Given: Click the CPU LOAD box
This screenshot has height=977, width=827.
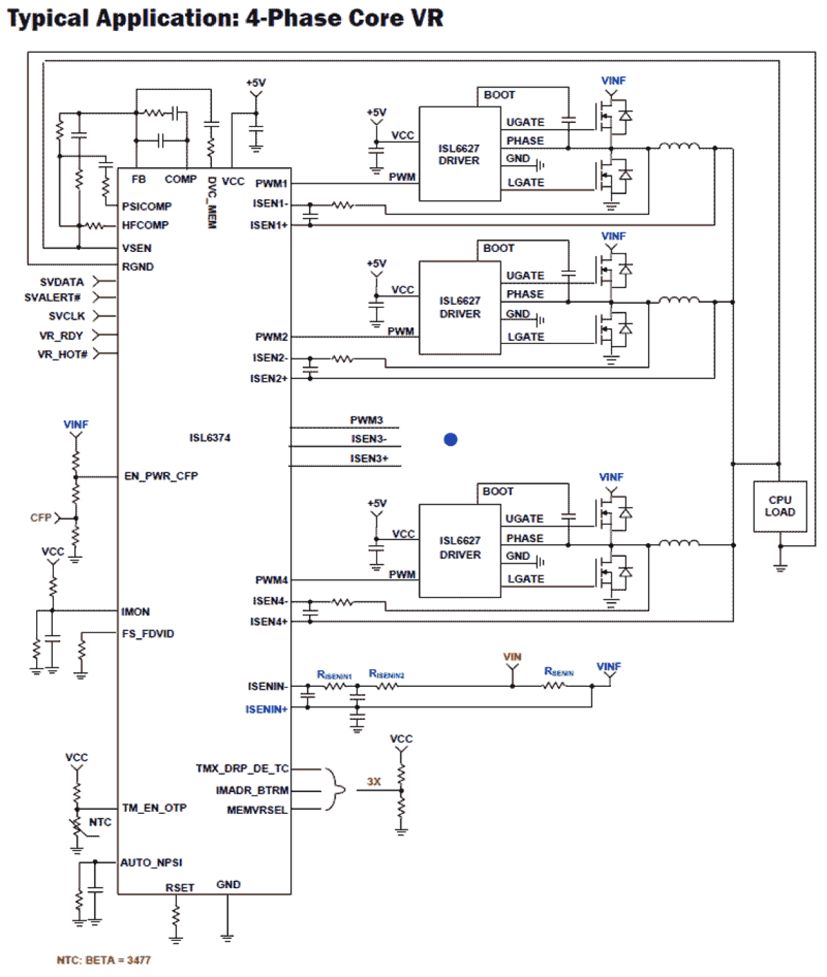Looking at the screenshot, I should (x=780, y=506).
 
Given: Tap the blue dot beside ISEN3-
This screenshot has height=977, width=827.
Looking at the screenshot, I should (x=450, y=439).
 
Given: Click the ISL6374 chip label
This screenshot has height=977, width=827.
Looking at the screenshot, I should (x=210, y=438).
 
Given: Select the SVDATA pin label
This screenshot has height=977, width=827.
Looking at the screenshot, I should (x=62, y=282).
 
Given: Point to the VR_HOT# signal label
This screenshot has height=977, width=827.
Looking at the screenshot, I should (x=63, y=354).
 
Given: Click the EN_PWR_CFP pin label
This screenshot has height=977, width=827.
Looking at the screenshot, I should (x=161, y=476).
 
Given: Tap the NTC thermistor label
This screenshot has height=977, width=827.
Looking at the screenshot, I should (x=100, y=822).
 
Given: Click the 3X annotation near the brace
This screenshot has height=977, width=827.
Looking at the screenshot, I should (x=374, y=782).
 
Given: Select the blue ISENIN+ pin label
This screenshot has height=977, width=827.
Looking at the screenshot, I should (x=266, y=709).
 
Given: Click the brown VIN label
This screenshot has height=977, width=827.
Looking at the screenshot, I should (x=512, y=657).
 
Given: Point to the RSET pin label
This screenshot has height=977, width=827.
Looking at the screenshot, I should (x=180, y=888).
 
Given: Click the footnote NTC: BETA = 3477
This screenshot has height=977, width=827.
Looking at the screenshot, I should (x=103, y=960).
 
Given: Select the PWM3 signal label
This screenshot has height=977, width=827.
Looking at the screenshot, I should (x=366, y=420).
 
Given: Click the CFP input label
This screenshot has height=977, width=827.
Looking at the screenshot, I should (x=41, y=518).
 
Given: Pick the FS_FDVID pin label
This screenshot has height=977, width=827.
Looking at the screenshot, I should (x=148, y=634).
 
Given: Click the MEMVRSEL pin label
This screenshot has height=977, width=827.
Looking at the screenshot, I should (x=257, y=810).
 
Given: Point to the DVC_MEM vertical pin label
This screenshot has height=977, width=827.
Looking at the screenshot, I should (x=212, y=203).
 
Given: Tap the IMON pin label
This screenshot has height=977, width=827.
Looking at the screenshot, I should (x=135, y=611).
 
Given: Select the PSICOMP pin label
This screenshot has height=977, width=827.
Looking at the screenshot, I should (x=146, y=206).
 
